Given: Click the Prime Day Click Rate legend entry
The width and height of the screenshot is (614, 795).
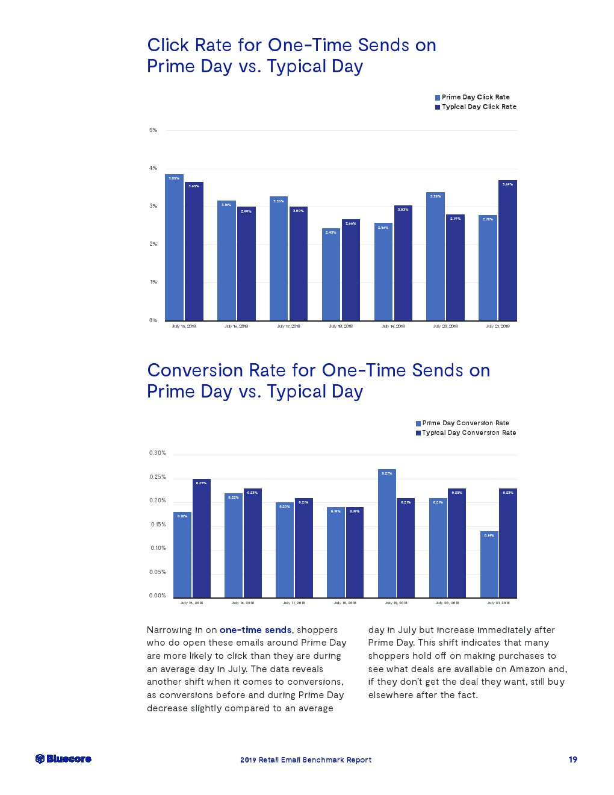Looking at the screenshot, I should click(x=475, y=97).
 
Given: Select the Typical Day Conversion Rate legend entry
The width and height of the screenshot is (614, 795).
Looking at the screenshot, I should click(x=468, y=432).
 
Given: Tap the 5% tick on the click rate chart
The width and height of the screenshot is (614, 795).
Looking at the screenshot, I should click(x=153, y=130).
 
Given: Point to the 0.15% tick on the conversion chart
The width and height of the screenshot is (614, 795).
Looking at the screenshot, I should click(x=158, y=525).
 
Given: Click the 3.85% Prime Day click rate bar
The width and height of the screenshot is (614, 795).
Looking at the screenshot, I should click(x=174, y=248).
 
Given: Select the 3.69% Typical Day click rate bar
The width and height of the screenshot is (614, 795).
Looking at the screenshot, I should click(x=507, y=251).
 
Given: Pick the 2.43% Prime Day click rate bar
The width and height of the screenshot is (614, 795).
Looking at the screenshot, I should click(x=330, y=275).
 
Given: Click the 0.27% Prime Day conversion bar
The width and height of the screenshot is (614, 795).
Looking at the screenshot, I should click(x=387, y=533).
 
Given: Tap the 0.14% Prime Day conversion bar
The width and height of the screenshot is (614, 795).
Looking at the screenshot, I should click(x=489, y=564).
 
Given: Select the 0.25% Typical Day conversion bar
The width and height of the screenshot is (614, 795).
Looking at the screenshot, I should click(x=202, y=538).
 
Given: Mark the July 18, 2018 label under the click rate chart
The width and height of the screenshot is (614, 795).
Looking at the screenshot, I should click(x=341, y=326).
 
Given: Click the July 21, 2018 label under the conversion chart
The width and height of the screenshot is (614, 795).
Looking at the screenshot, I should click(x=498, y=602).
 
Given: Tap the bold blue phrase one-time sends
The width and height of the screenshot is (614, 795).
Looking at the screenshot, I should click(x=255, y=630).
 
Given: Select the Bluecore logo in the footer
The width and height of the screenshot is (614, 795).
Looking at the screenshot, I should click(x=63, y=759).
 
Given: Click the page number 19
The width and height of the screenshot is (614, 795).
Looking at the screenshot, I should click(x=572, y=759).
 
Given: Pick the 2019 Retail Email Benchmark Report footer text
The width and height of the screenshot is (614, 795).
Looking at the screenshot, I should click(x=306, y=760).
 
